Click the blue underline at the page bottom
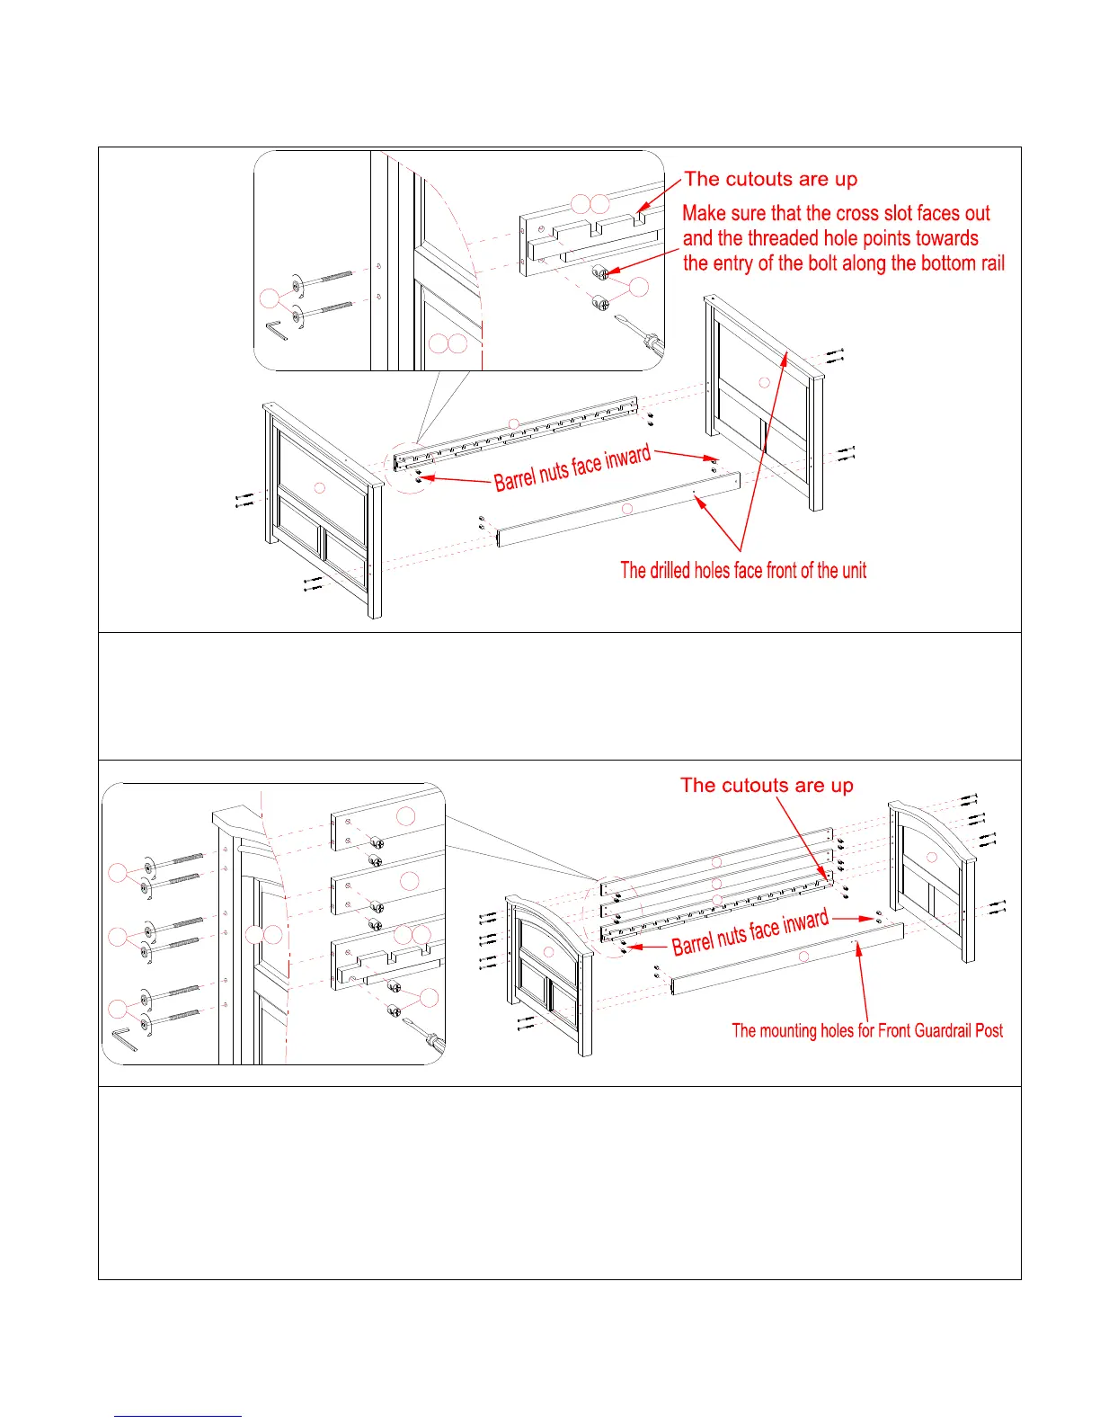click(x=178, y=1416)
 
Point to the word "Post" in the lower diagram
click(x=989, y=1030)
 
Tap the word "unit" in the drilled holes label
click(x=854, y=570)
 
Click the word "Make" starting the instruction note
click(x=702, y=214)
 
